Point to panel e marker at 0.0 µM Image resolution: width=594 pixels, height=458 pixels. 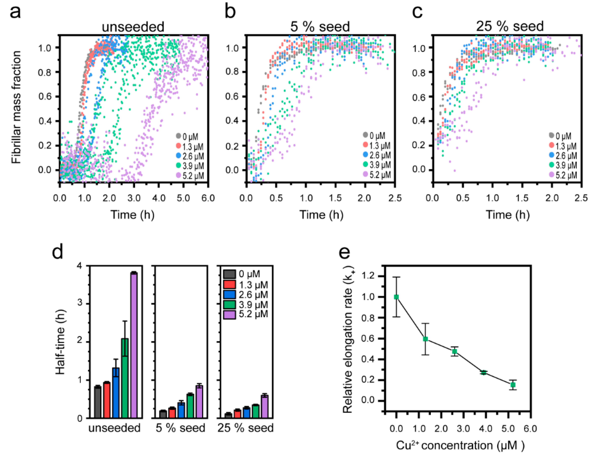[x=396, y=297]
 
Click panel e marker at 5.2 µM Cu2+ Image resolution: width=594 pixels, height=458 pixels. [x=513, y=385]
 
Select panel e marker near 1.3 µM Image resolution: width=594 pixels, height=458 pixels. [x=425, y=339]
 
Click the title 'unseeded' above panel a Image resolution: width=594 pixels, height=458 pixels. [x=133, y=27]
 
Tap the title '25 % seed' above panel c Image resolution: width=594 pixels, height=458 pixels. [x=510, y=26]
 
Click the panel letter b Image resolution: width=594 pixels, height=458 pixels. [x=230, y=12]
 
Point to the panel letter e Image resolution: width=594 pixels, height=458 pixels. [x=344, y=252]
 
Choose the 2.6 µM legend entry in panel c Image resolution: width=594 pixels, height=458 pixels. [x=562, y=156]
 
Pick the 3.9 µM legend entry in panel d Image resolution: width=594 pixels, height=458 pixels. [x=246, y=305]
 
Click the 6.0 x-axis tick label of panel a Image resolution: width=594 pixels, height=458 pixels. [x=208, y=198]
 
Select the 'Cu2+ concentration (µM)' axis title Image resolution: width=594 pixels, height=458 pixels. [x=460, y=446]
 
